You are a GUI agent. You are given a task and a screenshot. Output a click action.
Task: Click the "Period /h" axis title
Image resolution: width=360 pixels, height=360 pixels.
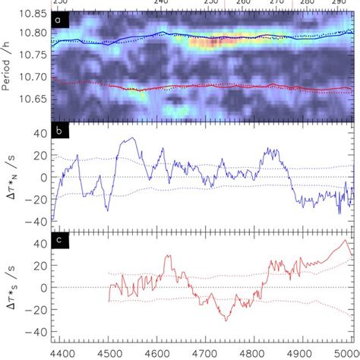8,62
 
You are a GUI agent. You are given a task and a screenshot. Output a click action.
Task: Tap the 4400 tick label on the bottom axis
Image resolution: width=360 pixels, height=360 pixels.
62,352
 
